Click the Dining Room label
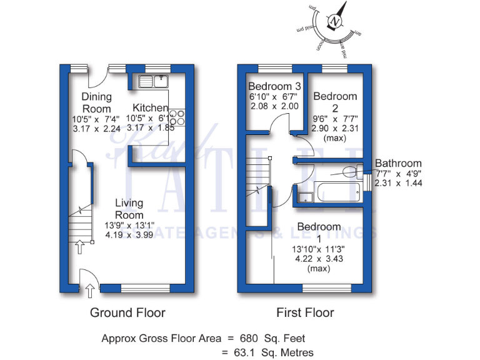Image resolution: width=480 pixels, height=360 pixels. [x=96, y=102]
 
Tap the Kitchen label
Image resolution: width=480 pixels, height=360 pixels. [x=150, y=108]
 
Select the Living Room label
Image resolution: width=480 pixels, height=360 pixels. [x=129, y=209]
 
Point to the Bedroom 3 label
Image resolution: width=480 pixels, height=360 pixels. [x=274, y=86]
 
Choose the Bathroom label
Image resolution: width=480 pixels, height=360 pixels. [x=398, y=164]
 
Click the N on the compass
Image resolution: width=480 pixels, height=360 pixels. [x=336, y=22]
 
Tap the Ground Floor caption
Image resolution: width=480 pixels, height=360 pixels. [x=128, y=312]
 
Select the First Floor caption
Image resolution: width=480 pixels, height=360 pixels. [x=305, y=312]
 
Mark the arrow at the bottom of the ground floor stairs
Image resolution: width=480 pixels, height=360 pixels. [x=80, y=247]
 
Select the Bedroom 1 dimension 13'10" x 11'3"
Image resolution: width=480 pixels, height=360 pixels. [x=319, y=248]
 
